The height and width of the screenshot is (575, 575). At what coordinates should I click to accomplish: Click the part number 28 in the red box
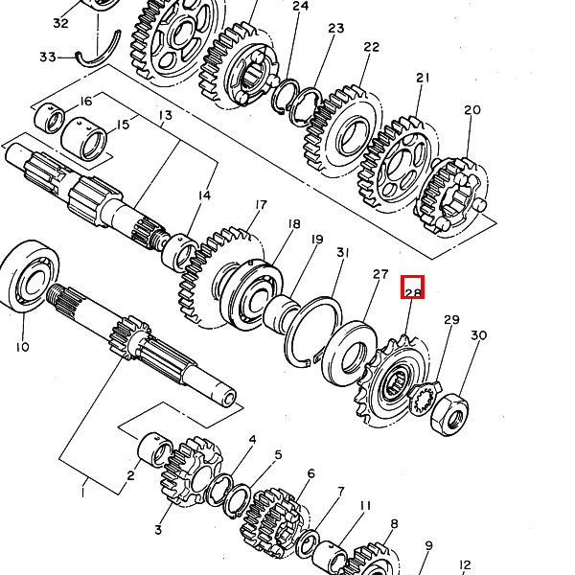pyautogui.click(x=412, y=287)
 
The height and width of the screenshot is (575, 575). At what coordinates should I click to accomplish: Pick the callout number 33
pyautogui.click(x=47, y=57)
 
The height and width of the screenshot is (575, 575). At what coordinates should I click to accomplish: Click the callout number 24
pyautogui.click(x=300, y=7)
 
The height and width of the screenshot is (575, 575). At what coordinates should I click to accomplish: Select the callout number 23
pyautogui.click(x=335, y=29)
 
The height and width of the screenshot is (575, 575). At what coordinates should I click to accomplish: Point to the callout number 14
pyautogui.click(x=203, y=195)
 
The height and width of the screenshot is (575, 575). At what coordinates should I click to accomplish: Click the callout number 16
pyautogui.click(x=85, y=102)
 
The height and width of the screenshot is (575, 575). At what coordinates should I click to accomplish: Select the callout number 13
pyautogui.click(x=165, y=116)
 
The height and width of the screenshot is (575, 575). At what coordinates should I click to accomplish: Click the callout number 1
pyautogui.click(x=82, y=492)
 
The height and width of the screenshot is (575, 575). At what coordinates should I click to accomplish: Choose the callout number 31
pyautogui.click(x=342, y=252)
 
